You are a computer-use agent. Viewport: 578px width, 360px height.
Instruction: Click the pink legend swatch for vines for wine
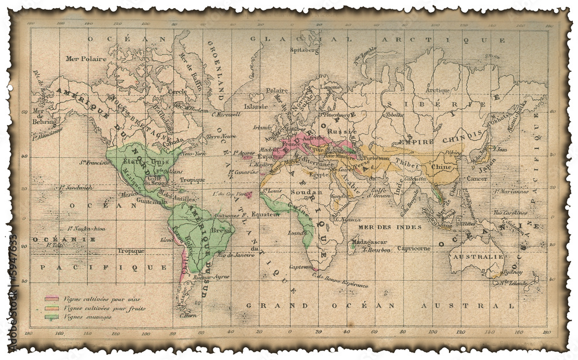(x=53, y=299)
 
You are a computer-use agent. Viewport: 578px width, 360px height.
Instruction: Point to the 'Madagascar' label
(x=367, y=242)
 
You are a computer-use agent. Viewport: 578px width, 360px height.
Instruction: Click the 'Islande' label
(x=255, y=106)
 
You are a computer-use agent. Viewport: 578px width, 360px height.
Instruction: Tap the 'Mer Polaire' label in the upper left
(x=82, y=59)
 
